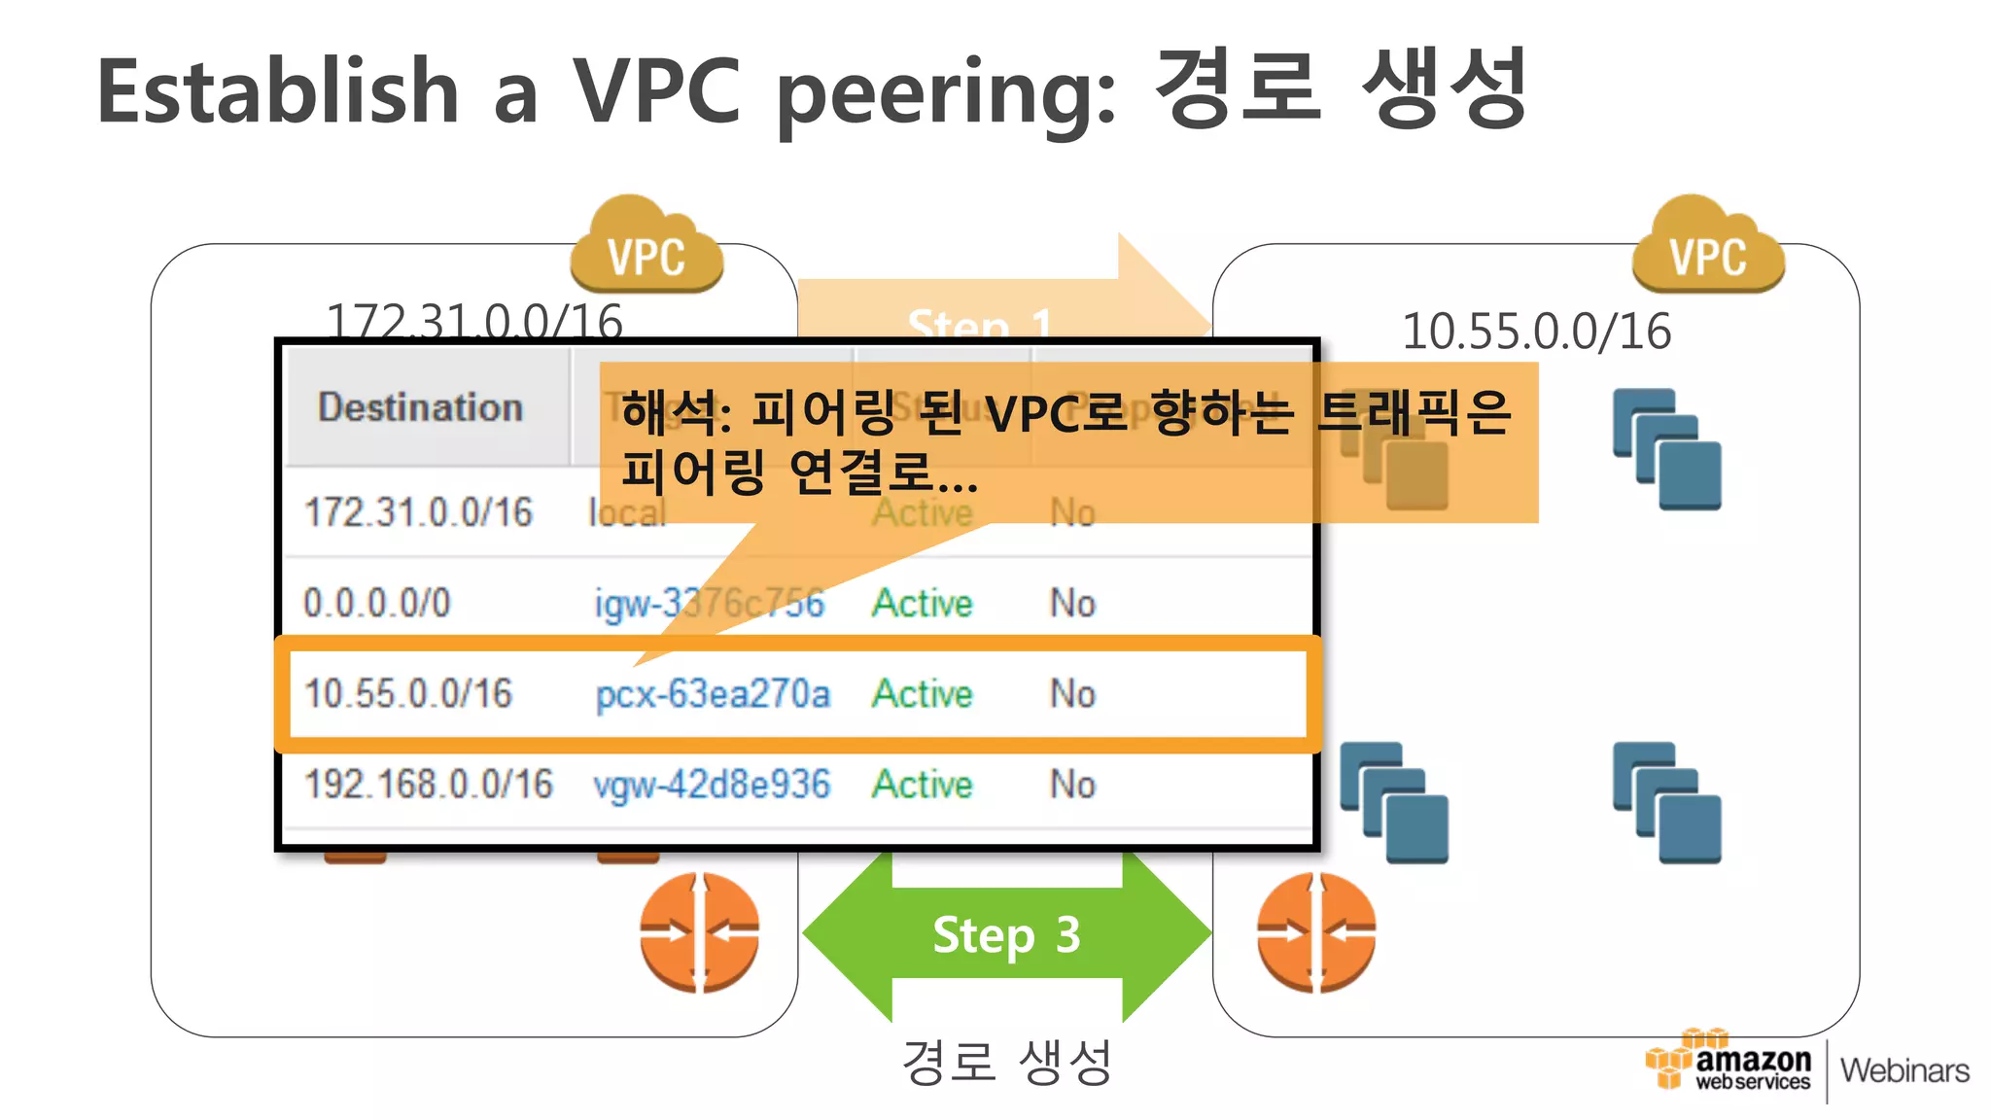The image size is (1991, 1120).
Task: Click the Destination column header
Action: [420, 407]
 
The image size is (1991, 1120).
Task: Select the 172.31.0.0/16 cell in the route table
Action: [419, 512]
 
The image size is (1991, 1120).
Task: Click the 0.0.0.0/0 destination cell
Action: [377, 603]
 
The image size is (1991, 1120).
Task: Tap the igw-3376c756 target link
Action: [710, 603]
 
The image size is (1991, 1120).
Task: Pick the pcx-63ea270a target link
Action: [713, 694]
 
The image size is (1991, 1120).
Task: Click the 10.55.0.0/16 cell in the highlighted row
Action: [408, 694]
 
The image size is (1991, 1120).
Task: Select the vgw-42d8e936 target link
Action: [713, 785]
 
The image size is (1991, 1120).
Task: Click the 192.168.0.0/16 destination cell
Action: [429, 785]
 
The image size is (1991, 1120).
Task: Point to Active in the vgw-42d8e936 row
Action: [922, 785]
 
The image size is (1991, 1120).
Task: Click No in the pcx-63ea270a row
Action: [1072, 694]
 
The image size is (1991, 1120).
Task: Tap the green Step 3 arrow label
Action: [1006, 935]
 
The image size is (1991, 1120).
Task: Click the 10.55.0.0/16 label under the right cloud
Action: [1536, 332]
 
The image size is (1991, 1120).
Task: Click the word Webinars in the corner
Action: [1904, 1070]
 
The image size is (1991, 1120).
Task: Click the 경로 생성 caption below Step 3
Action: [1006, 1062]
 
